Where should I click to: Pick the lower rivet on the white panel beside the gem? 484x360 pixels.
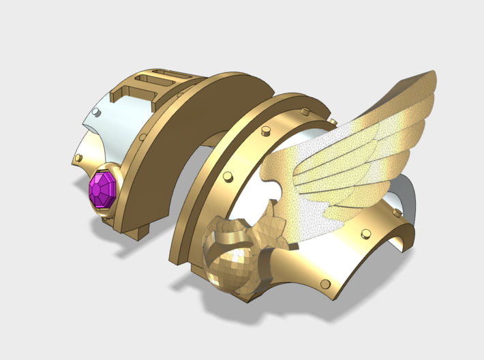click(78, 158)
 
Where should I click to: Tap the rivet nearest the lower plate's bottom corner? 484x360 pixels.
click(326, 284)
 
